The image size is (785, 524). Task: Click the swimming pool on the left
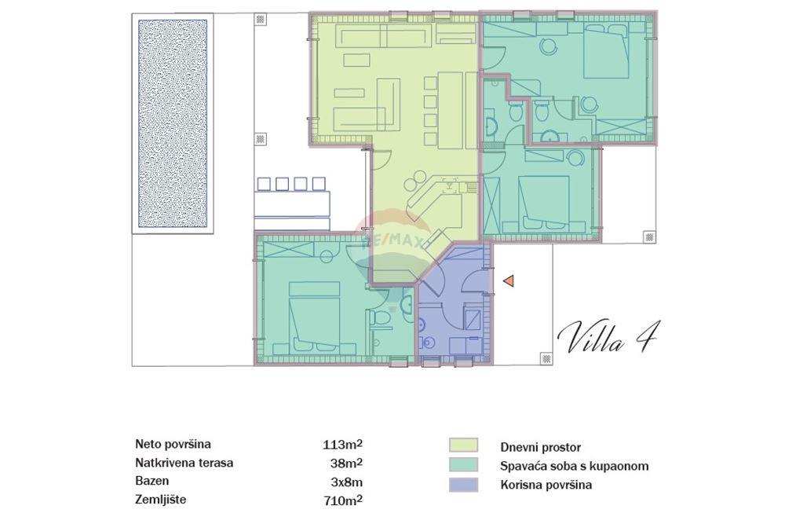tap(173, 123)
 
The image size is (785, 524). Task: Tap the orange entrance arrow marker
tap(509, 280)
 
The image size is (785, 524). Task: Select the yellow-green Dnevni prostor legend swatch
tap(463, 446)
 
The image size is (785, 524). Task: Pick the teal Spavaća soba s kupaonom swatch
tap(463, 466)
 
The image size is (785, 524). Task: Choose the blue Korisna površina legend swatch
tap(463, 485)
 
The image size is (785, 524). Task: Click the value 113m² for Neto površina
tap(342, 445)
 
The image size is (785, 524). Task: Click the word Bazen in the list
tap(152, 481)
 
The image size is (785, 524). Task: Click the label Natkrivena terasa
tap(184, 464)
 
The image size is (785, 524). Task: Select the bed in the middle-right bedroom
tap(543, 200)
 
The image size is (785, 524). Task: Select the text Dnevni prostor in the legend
tap(540, 447)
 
